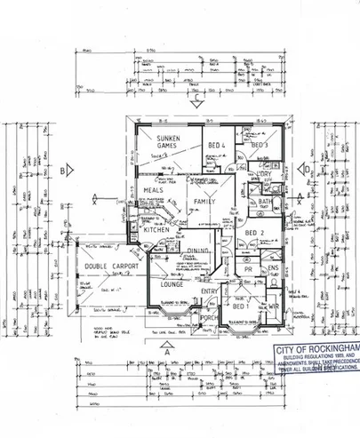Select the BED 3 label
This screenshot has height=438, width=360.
point(259,145)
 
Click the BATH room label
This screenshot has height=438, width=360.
point(265,202)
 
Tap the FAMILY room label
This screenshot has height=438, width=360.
point(206,203)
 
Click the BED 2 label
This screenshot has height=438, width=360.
point(255,233)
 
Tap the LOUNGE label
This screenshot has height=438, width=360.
point(171,285)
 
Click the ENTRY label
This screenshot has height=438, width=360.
point(210,291)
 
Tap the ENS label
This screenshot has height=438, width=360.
point(274,267)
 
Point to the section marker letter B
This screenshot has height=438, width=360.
point(63,169)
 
